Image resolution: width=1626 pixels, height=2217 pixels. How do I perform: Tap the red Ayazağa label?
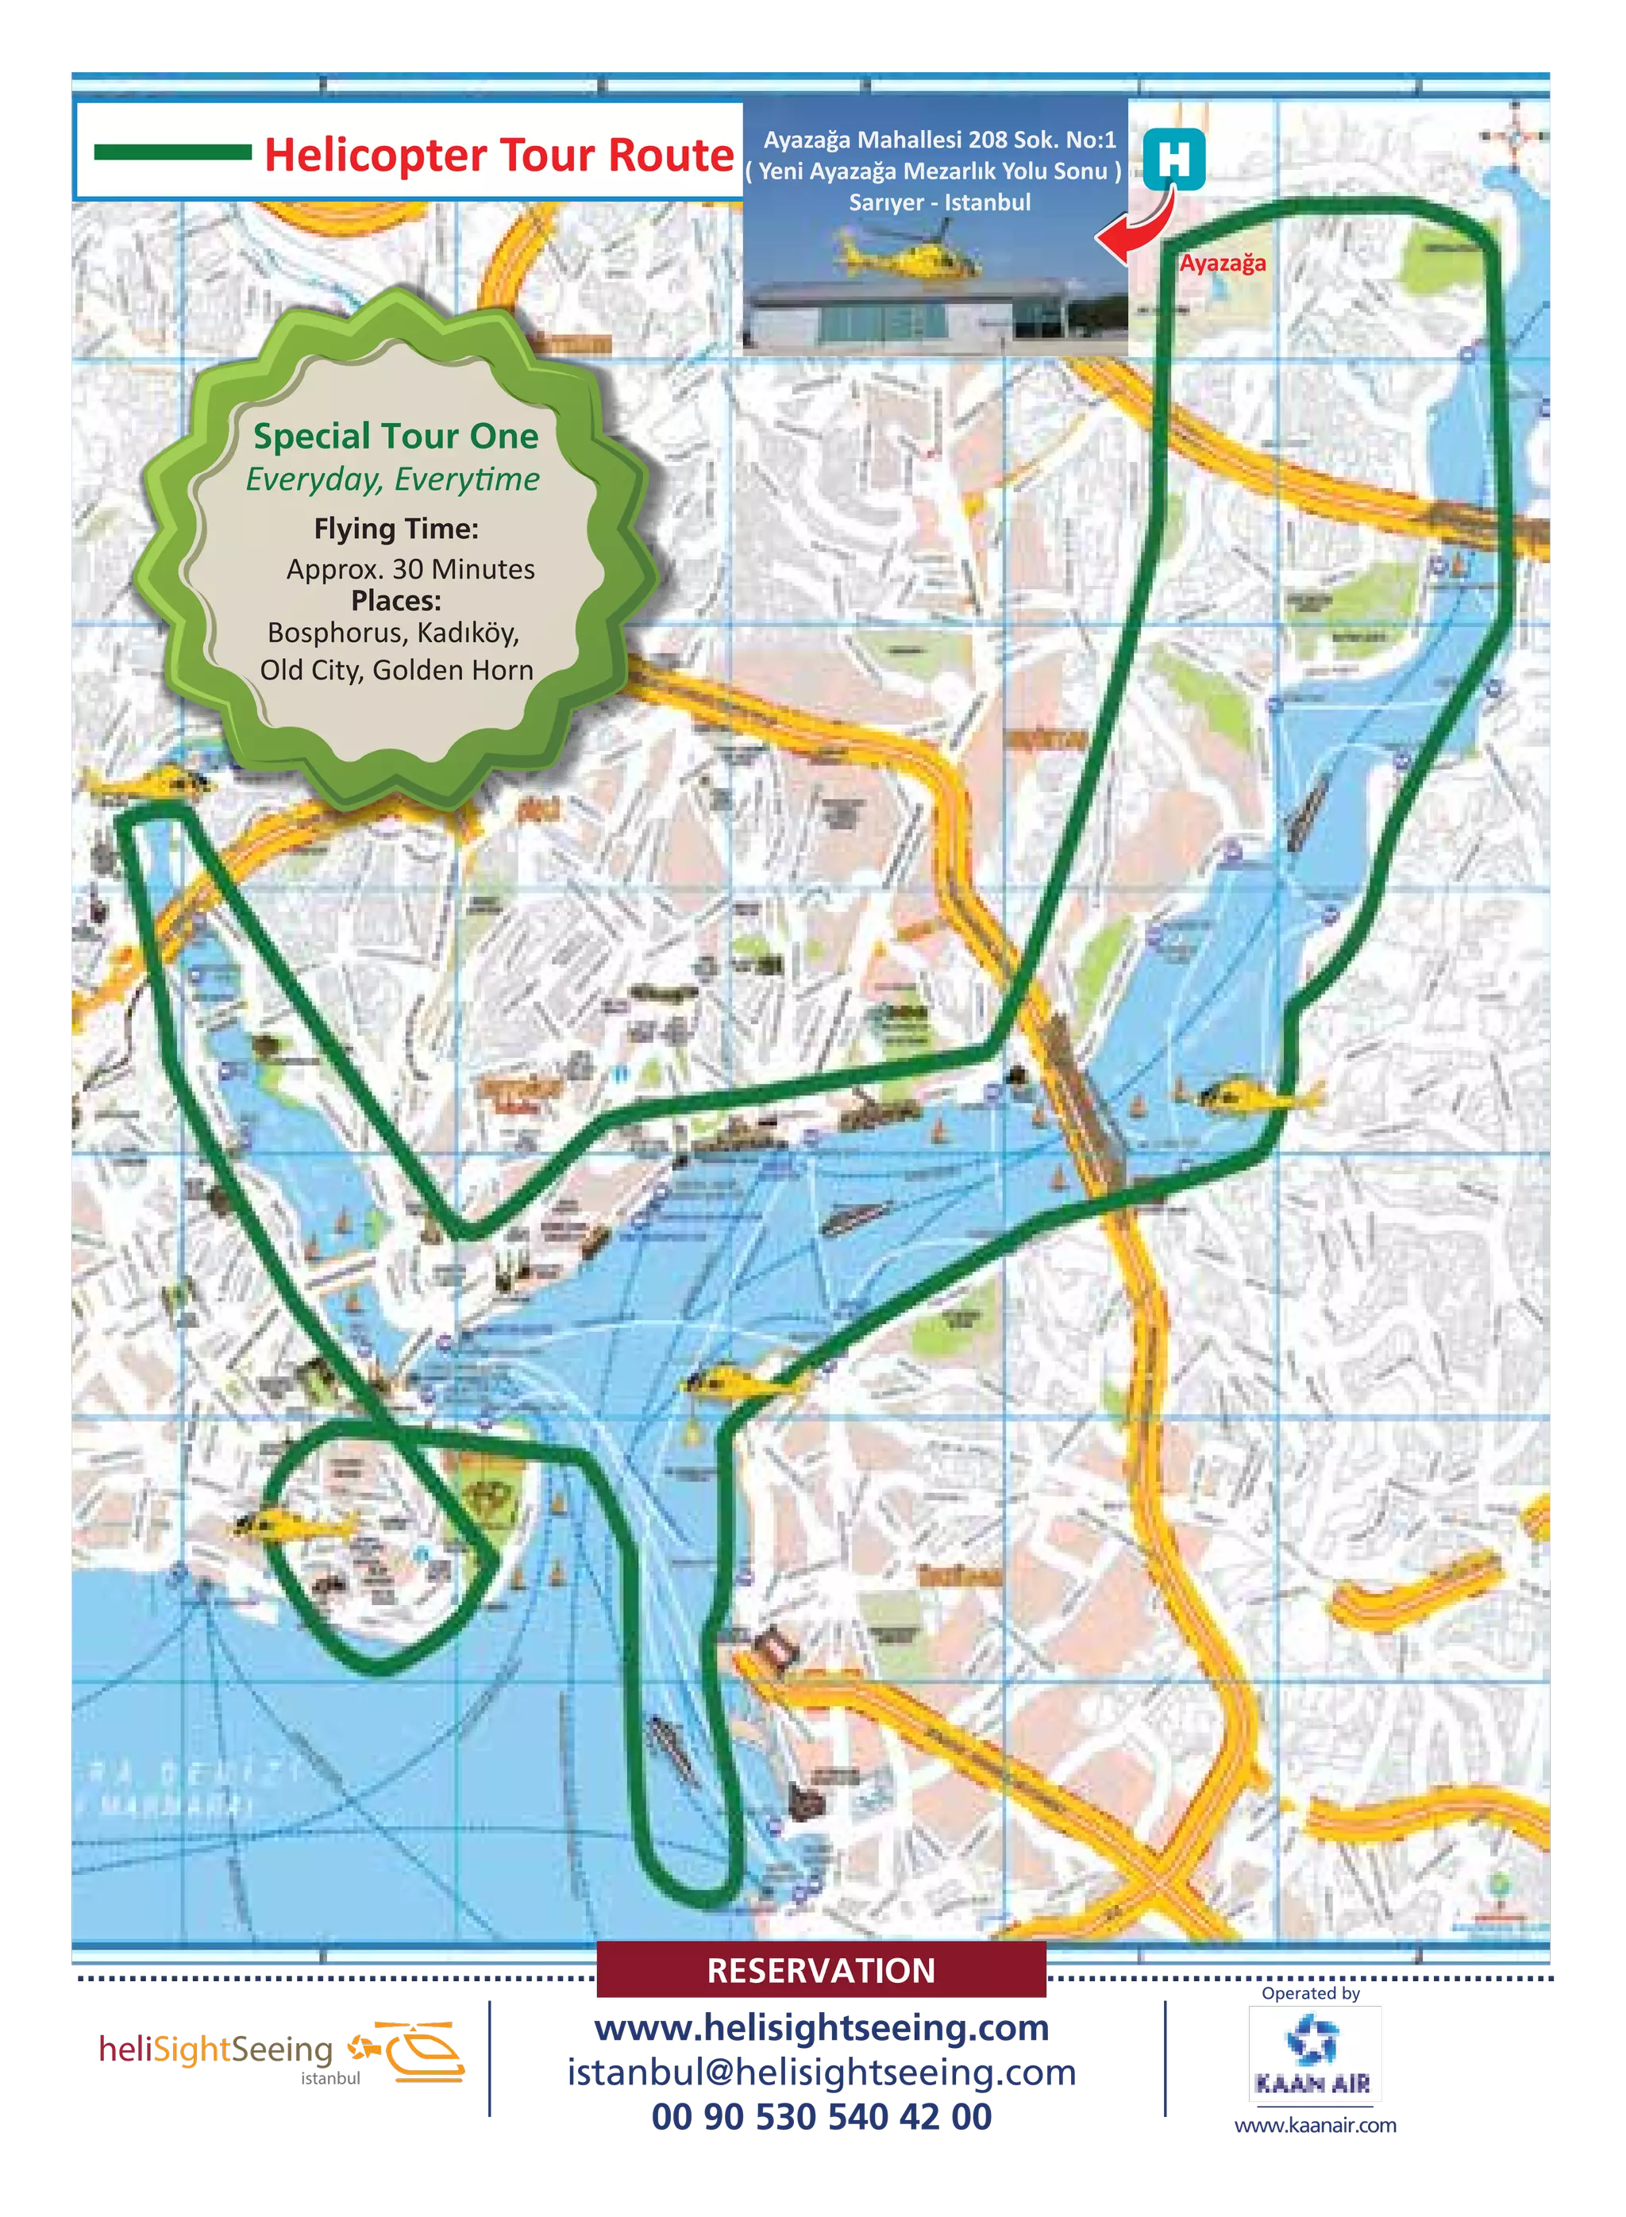1223,263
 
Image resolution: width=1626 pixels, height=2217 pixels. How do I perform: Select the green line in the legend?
172,152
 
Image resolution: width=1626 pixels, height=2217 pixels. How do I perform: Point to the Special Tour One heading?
395,435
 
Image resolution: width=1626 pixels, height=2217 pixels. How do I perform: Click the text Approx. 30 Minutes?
410,569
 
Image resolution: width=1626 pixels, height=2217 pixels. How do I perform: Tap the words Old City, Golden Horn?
397,670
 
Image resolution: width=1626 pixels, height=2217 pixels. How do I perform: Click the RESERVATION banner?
821,1970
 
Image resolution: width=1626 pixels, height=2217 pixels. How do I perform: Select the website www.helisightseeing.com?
821,2027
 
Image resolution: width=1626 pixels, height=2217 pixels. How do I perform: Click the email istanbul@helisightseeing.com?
821,2073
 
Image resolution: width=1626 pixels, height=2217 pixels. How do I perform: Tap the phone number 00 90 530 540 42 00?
821,2117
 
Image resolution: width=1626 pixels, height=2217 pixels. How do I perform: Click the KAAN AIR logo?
1313,2053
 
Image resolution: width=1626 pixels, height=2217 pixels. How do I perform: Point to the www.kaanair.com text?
1314,2126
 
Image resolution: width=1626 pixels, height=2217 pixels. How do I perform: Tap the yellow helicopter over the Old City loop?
295,1527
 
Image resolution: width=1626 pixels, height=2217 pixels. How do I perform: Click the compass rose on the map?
1515,138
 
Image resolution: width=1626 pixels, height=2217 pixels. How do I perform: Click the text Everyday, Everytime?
393,479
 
